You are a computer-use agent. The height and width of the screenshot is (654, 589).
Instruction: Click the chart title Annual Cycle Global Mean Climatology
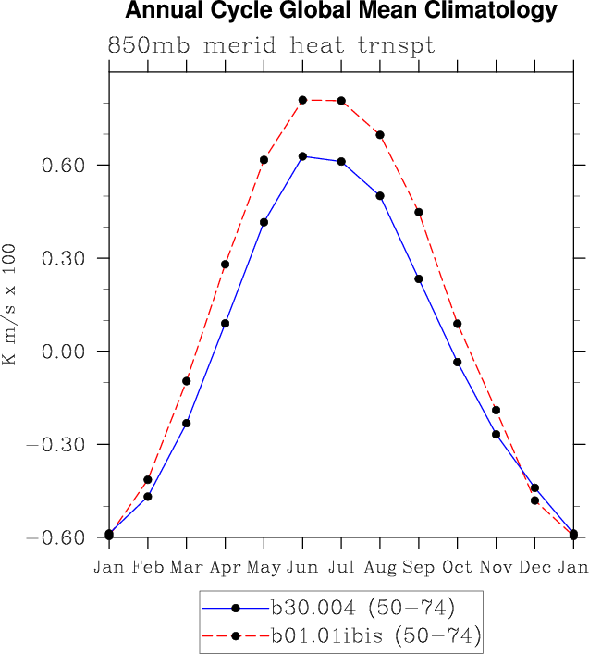click(x=341, y=12)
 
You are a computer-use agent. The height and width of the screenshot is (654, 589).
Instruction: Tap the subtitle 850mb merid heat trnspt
click(x=271, y=45)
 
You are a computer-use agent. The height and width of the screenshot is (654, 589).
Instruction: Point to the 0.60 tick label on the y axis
click(x=64, y=166)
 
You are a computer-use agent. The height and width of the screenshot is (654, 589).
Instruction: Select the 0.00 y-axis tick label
click(x=64, y=352)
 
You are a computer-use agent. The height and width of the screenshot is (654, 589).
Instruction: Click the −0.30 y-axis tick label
click(x=56, y=445)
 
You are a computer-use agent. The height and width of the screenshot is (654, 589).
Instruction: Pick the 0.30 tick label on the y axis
click(x=64, y=259)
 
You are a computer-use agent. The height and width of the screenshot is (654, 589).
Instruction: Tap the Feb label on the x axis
click(x=147, y=566)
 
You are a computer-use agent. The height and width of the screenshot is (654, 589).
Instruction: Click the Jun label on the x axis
click(x=302, y=566)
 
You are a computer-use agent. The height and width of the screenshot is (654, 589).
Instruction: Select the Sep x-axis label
click(x=419, y=566)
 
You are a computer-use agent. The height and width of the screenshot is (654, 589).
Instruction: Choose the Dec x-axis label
click(x=534, y=566)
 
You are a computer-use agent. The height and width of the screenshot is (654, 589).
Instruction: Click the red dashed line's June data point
click(x=302, y=100)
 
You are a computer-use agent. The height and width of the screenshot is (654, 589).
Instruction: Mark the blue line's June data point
click(x=302, y=156)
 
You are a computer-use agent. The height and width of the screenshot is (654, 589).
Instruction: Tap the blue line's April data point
click(x=225, y=324)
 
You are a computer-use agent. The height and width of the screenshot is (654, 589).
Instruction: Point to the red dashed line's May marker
click(x=264, y=160)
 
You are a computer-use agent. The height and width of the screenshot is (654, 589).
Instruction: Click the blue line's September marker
click(x=419, y=278)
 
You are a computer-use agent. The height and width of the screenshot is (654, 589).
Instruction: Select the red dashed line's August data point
click(x=380, y=135)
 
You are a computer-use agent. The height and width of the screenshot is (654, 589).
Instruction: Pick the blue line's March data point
click(x=186, y=423)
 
